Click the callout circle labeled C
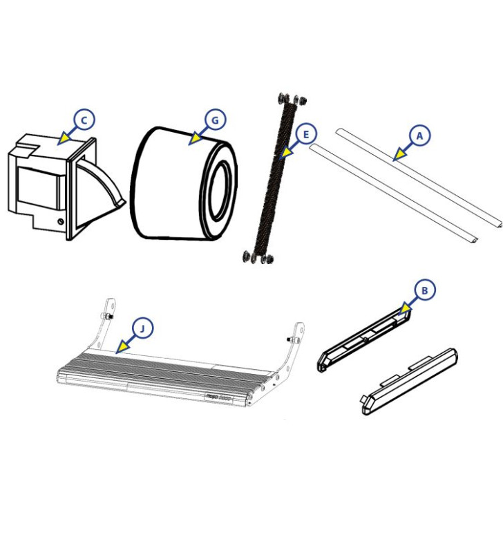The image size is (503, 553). tap(84, 120)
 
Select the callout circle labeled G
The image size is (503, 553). tap(215, 120)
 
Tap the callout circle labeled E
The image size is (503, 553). tap(305, 133)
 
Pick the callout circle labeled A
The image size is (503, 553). tap(419, 135)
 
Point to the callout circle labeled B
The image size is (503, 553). tap(424, 290)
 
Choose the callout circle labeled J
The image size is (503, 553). tap(142, 328)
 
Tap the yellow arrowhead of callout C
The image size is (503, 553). tap(64, 139)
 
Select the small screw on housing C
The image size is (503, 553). tap(61, 221)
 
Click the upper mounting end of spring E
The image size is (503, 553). tap(291, 100)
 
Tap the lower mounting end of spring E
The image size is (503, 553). tap(257, 257)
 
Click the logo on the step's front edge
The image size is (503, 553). tap(215, 397)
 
